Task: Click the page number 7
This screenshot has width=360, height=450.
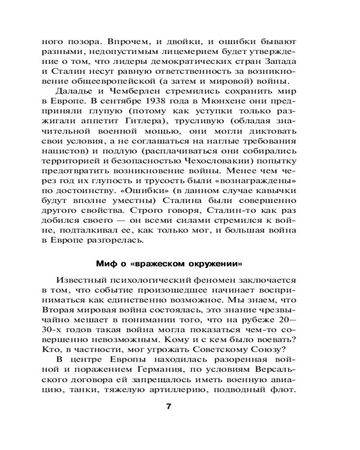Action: (169, 407)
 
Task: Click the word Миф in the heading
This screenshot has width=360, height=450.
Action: (105, 262)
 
